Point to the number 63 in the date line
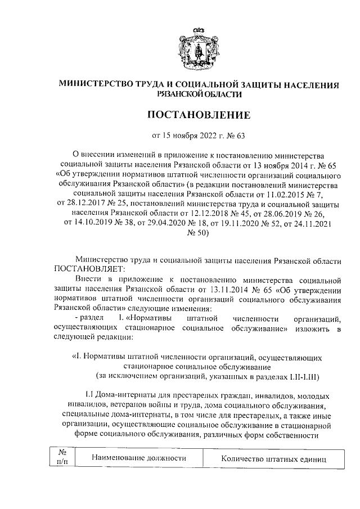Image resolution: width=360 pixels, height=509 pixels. pyautogui.click(x=241, y=135)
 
